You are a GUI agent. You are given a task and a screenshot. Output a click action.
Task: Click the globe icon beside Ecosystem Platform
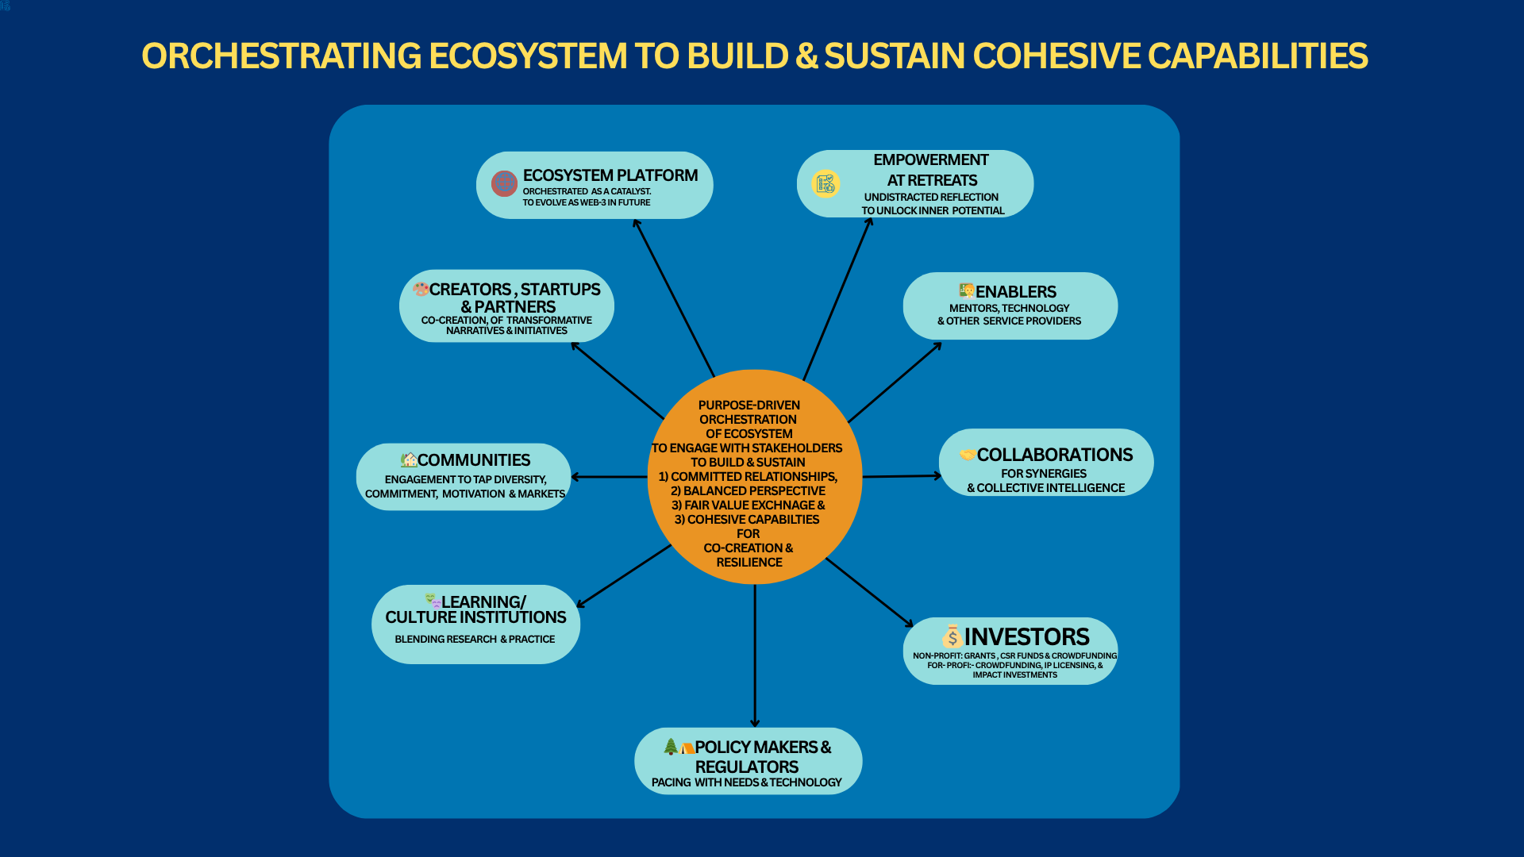(504, 183)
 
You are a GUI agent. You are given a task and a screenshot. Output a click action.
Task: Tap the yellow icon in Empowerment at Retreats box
(825, 183)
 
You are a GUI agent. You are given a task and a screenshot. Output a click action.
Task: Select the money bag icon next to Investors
(952, 636)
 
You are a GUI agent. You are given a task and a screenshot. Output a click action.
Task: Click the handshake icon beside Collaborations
(968, 455)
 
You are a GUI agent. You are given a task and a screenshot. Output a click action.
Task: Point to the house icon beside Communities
(409, 459)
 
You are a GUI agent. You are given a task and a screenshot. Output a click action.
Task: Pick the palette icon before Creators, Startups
(421, 289)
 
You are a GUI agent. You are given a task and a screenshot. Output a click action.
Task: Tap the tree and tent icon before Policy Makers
(679, 747)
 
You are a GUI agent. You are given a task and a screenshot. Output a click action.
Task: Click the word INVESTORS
(1026, 636)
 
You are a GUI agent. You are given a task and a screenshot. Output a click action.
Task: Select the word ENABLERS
(1016, 292)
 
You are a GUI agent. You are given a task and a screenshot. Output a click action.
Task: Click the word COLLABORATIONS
(1055, 455)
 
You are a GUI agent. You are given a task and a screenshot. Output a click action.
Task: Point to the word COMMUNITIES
(474, 460)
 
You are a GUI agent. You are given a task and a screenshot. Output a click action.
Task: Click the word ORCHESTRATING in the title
(282, 56)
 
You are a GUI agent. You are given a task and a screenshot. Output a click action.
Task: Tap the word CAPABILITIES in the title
(1258, 56)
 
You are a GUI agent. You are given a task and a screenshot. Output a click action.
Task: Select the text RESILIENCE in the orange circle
(749, 563)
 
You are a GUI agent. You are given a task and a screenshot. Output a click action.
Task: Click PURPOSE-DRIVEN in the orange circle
(749, 405)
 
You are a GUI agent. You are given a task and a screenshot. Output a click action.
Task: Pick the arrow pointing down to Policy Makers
(755, 655)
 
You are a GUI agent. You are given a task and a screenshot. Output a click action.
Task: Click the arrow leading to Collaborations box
(902, 476)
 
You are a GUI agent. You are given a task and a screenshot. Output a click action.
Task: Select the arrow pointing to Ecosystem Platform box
(674, 298)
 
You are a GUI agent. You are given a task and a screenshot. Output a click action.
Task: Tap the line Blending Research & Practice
(475, 640)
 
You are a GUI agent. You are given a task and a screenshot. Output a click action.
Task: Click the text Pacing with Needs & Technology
(747, 782)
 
